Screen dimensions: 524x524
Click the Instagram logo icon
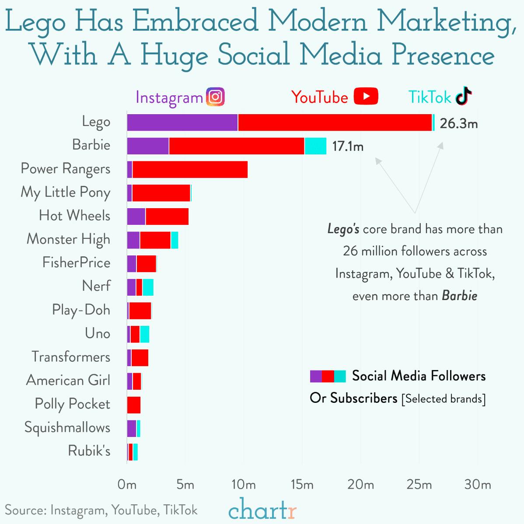pos(215,97)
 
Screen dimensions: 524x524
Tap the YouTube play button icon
pos(366,97)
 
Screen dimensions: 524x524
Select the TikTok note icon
pos(464,97)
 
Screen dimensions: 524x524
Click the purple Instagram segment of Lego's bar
pos(182,122)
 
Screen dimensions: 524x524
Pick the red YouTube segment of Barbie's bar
pos(237,146)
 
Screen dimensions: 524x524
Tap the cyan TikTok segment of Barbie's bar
pos(315,146)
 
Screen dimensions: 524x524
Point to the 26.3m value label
pos(458,124)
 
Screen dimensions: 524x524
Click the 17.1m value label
pos(348,147)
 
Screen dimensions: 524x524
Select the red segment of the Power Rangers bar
pos(190,170)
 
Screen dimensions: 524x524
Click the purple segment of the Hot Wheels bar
pos(136,217)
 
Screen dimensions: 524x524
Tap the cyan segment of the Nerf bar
pos(148,287)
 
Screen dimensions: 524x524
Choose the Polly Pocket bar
pos(134,405)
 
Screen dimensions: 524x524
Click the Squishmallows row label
pos(67,427)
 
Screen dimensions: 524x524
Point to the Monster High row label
pos(69,239)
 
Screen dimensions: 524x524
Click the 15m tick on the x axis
pos(302,485)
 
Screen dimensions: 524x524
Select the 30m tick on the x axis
pos(478,485)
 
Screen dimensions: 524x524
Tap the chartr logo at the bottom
pos(262,510)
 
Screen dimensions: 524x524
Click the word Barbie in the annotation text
pos(459,296)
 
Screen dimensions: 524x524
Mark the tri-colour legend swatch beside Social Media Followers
pos(328,376)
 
